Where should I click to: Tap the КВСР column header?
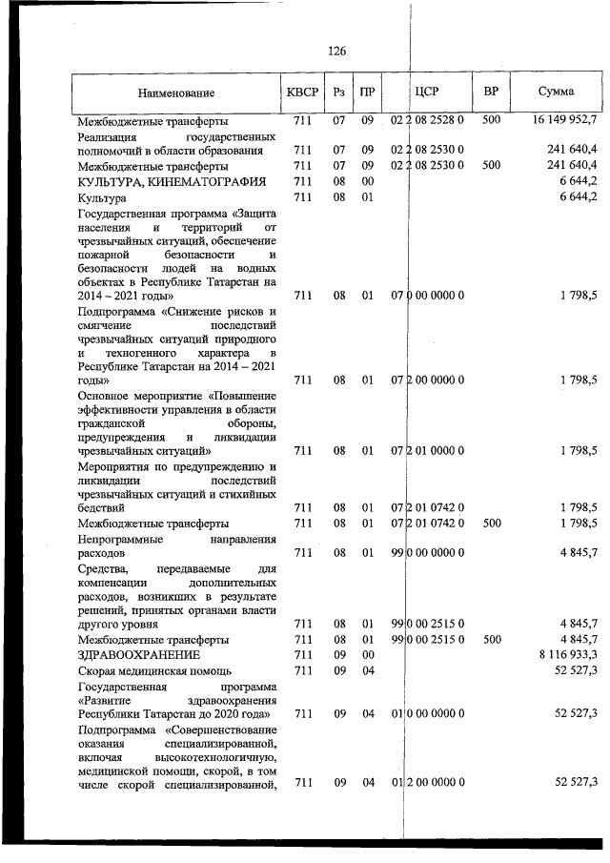coord(303,92)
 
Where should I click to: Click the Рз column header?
coord(339,92)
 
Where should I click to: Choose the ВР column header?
coord(491,92)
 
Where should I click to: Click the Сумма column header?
coord(556,92)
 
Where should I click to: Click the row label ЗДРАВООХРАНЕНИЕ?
coord(139,656)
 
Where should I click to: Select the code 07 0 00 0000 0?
coord(427,297)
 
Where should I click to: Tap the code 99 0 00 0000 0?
coord(427,552)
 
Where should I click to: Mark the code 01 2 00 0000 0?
coord(427,783)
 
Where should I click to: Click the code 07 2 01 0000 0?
coord(427,450)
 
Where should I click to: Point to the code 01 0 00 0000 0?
coord(427,713)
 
